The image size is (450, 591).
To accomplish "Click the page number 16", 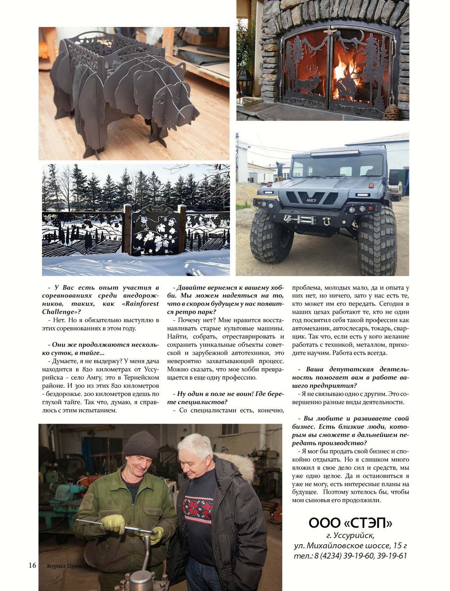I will click(32, 565).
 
